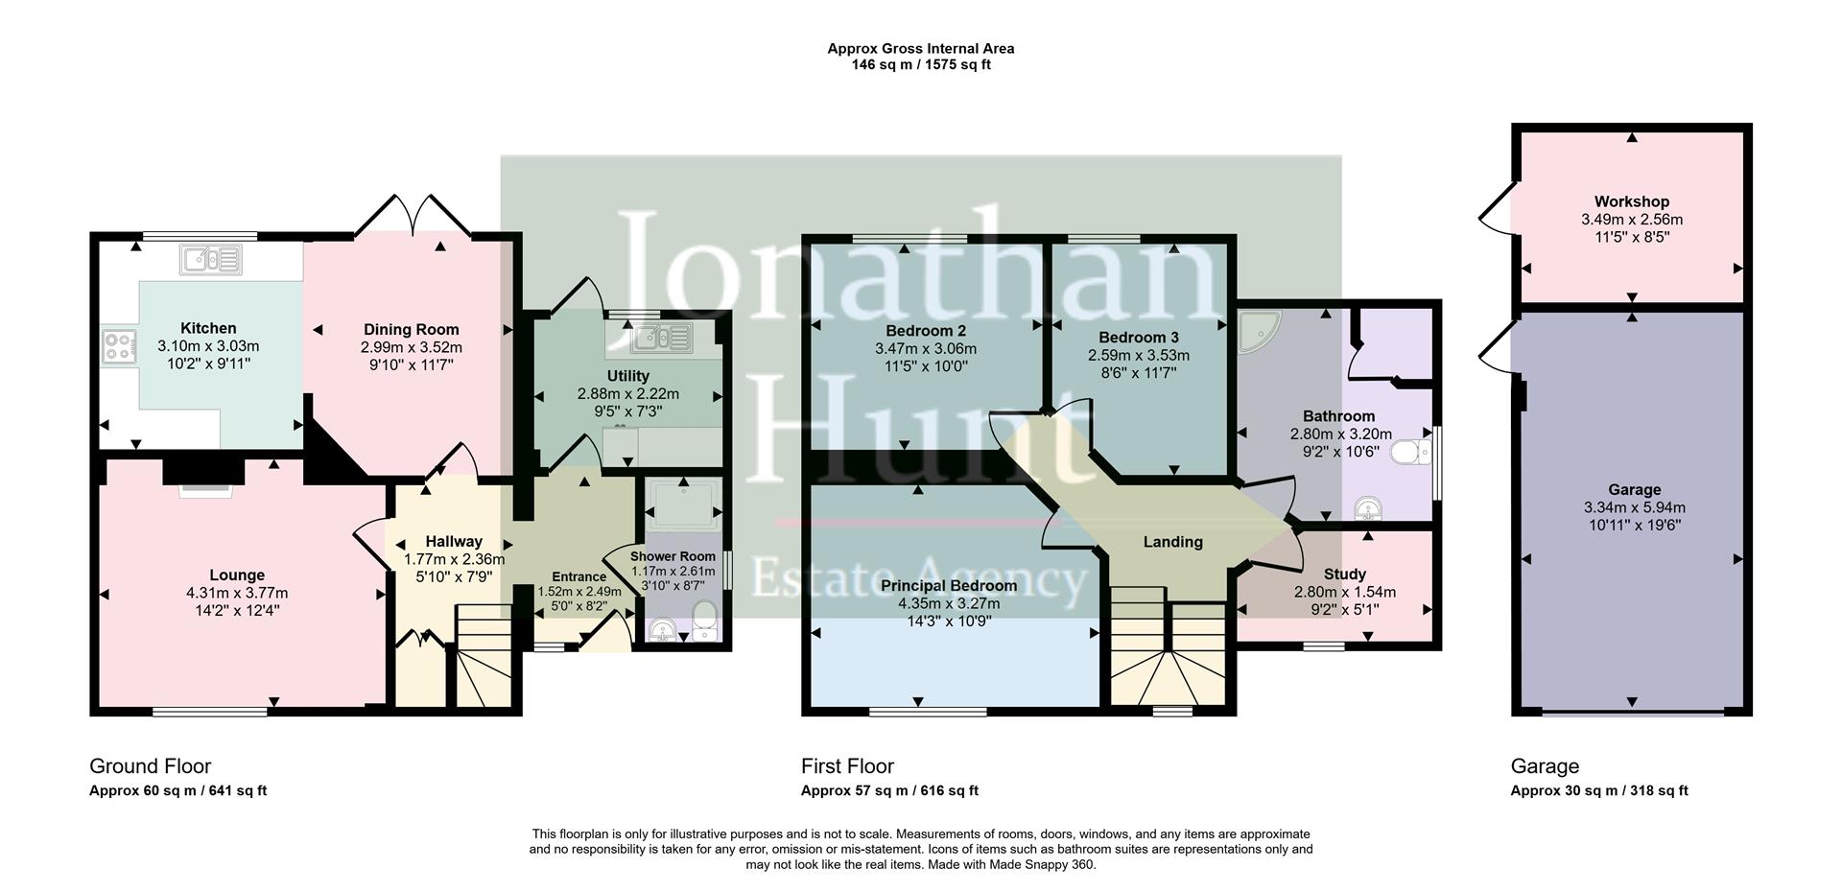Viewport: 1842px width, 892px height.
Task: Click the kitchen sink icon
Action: pos(210,259)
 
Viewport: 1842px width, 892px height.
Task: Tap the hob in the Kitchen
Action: pos(118,346)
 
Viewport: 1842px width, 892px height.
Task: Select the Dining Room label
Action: pos(411,329)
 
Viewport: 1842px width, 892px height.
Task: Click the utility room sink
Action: pos(662,338)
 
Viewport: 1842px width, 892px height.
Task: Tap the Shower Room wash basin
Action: pos(661,630)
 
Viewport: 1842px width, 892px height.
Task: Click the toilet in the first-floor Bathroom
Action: pos(1409,452)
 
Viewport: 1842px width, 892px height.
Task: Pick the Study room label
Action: pos(1344,574)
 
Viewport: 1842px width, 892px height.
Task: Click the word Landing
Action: pos(1172,542)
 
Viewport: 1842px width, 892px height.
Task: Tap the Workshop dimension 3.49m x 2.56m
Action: pos(1631,219)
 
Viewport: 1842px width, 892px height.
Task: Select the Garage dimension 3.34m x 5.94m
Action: pos(1634,507)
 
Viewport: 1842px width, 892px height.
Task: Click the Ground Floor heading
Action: pos(150,766)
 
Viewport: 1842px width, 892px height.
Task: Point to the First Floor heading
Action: pos(847,766)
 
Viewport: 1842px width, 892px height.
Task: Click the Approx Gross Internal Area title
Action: pos(920,48)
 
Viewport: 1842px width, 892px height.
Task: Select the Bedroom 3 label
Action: pos(1138,338)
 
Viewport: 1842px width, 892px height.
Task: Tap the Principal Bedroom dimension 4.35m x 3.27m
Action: pos(948,603)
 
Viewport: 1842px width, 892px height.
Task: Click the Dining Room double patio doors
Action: pos(413,216)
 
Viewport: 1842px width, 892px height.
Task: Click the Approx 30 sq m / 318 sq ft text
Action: pos(1598,791)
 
